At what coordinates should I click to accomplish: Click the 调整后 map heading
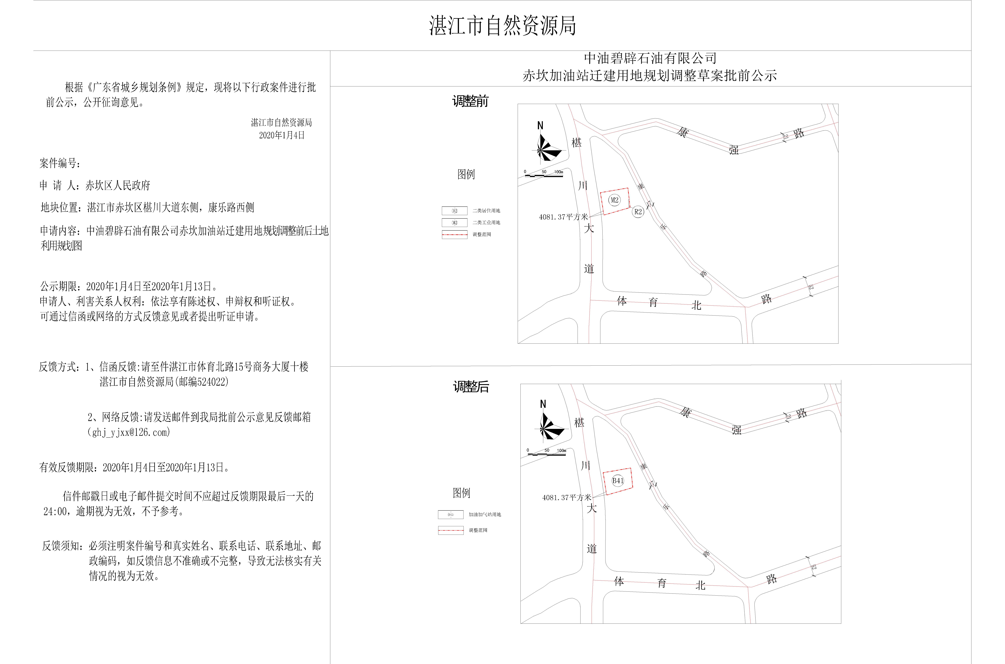(x=471, y=387)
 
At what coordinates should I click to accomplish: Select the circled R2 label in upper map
(x=638, y=212)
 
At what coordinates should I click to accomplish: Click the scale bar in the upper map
(x=544, y=174)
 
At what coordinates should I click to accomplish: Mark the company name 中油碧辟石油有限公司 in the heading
(x=650, y=58)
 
